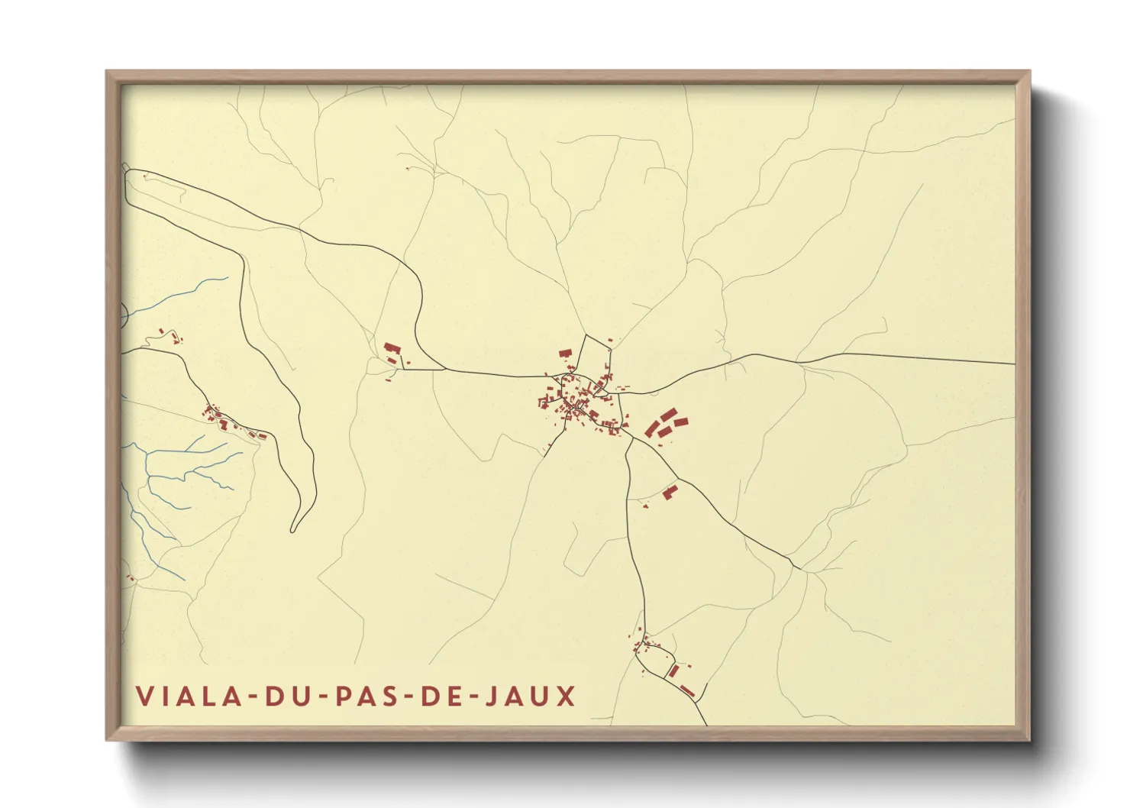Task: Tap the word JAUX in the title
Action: (531, 696)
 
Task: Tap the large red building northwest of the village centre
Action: (566, 354)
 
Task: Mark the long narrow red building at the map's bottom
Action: (687, 690)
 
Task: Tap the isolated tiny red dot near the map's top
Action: (409, 167)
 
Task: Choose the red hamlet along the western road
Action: (229, 422)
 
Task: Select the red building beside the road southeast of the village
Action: (670, 492)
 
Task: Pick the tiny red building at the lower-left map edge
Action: (130, 578)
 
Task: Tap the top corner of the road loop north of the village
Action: (586, 335)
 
